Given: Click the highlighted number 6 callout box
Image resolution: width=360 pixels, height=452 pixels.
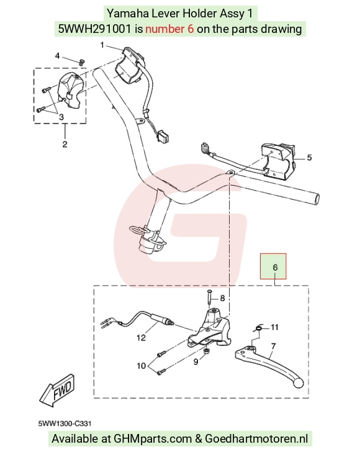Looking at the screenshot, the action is point(273,266).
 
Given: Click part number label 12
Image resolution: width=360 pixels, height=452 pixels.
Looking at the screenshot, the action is point(142,337).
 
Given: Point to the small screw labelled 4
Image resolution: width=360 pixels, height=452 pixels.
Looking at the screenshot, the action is point(82,62).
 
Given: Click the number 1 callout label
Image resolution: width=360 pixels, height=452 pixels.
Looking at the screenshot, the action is point(102,45).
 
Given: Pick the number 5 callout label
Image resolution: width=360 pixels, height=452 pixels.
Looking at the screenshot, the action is point(309,158).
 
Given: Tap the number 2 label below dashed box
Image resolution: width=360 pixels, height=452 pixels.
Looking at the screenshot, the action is point(65,144).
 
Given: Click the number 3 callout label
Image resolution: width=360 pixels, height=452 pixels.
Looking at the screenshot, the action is point(61,117).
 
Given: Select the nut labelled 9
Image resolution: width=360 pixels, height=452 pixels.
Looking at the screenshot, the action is point(207,351).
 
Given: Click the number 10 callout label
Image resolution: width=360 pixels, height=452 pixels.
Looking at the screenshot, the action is point(142,366).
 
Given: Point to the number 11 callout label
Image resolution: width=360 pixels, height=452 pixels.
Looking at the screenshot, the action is point(275,327).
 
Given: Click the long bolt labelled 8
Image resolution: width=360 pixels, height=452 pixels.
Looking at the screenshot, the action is point(209,299).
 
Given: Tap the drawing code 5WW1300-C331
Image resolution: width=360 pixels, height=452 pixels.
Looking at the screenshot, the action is point(65,423).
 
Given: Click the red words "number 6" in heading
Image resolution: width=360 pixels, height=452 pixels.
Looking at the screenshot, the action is point(169,29).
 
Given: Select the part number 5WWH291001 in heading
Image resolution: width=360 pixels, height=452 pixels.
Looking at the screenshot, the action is point(95,29).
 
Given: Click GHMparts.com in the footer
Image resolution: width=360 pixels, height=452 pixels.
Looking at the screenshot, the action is point(153,439).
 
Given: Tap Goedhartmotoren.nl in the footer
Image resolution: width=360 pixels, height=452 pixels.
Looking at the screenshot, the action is point(256,439).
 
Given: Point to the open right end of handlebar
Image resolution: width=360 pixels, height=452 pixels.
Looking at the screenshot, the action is point(317,199).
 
